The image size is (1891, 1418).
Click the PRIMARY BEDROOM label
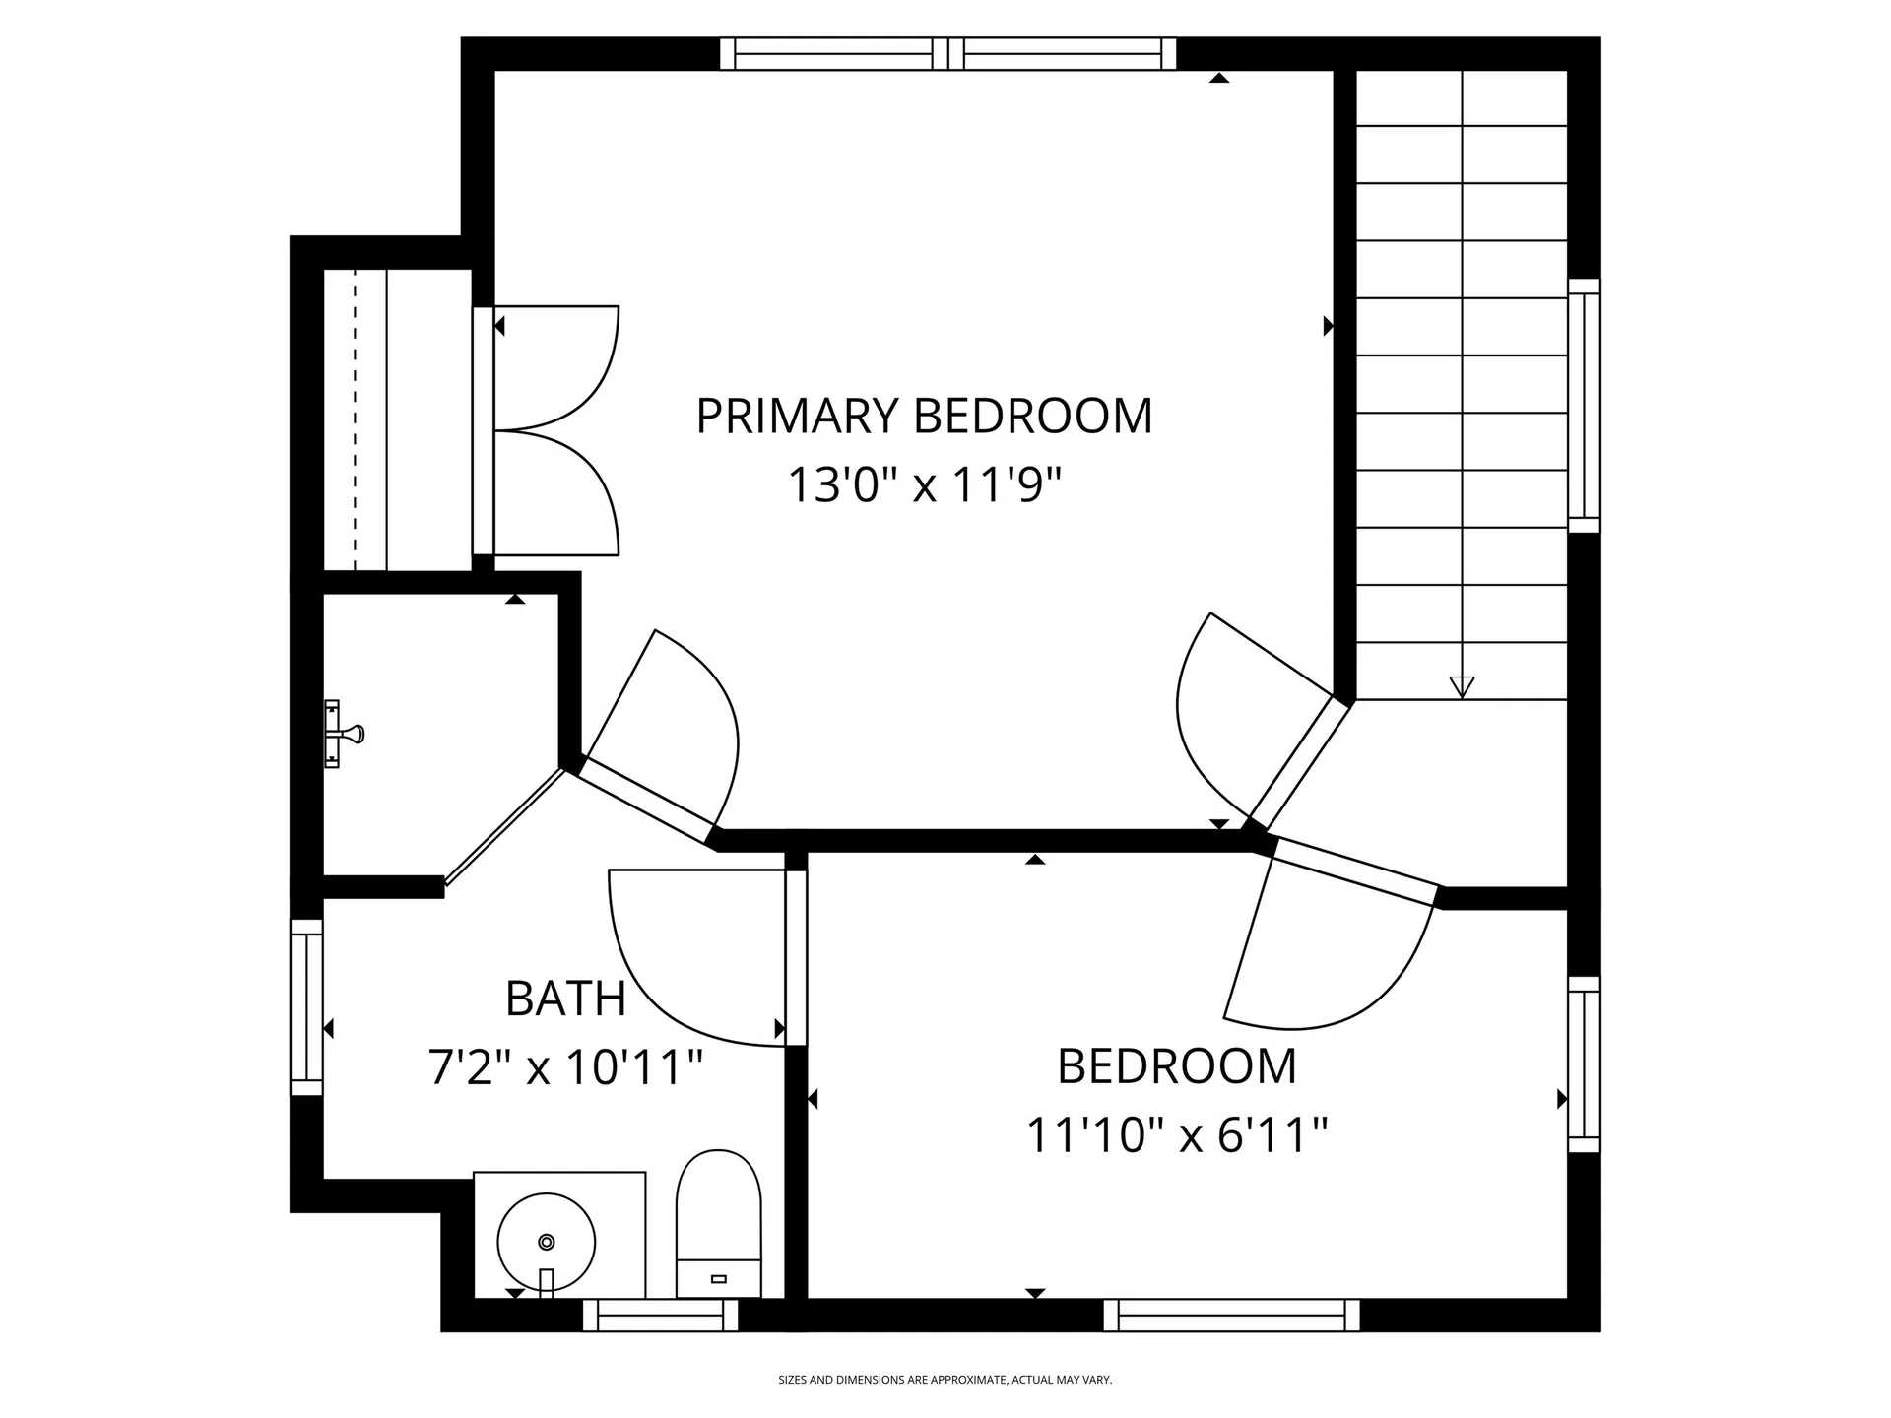point(924,416)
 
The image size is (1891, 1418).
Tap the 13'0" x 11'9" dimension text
point(924,484)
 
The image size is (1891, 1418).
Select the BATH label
point(566,999)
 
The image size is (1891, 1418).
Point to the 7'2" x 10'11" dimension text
point(566,1066)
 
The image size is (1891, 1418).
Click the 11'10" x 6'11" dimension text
point(1177,1134)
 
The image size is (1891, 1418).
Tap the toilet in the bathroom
point(718,1223)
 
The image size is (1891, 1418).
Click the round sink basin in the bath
point(547,1242)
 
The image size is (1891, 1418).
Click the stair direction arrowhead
point(1462,687)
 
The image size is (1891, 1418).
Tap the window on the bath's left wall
point(307,1007)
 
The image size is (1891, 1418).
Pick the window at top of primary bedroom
point(947,54)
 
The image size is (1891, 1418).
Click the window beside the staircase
point(1584,406)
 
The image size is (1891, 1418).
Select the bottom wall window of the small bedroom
point(1231,1316)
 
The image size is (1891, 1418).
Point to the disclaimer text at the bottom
point(945,1380)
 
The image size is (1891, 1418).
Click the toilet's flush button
point(718,1279)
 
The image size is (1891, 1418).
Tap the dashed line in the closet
point(355,419)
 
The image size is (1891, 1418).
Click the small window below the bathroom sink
point(660,1316)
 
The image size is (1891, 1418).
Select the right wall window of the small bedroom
point(1584,1064)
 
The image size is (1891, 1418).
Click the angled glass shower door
point(505,827)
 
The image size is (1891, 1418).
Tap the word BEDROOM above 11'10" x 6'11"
point(1177,1066)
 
